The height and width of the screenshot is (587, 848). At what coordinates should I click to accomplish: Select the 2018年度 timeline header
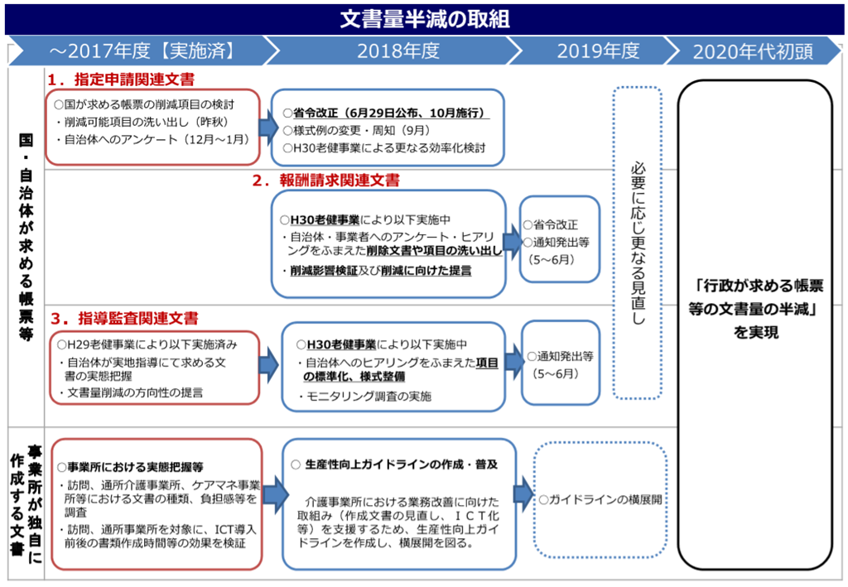click(x=397, y=51)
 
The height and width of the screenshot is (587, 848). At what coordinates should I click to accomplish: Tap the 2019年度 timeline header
click(x=598, y=51)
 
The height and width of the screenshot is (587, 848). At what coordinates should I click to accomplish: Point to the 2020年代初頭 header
click(x=752, y=51)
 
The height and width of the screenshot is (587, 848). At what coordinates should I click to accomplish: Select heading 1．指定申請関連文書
click(x=121, y=79)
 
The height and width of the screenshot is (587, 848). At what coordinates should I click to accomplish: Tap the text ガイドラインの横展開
click(x=602, y=499)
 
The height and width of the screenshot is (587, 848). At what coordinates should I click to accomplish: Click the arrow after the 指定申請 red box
click(x=267, y=127)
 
